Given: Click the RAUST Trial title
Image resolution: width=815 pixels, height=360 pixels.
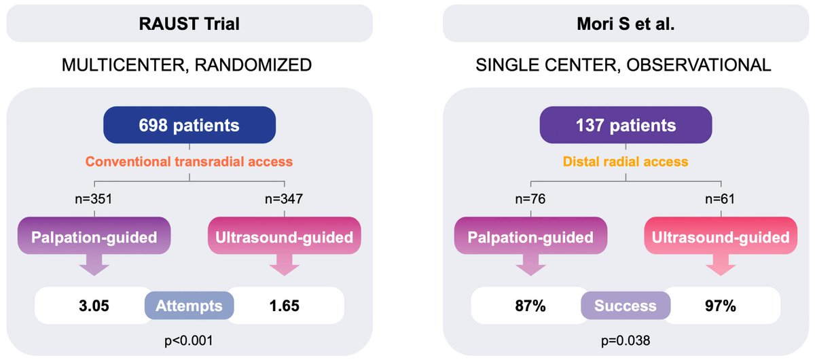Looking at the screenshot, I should coord(189,23).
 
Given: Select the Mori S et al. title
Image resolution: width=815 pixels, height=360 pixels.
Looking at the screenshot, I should coord(625,23).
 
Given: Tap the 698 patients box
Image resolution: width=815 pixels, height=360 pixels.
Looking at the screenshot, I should coord(189,126).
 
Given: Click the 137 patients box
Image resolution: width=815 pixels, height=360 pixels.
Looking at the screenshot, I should coord(625,126).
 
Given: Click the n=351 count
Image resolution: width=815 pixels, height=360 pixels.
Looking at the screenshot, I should coord(94,200).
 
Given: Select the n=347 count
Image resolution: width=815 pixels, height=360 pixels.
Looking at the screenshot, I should coord(285,200).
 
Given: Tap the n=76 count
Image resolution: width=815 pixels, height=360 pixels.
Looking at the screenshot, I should coord(530,200).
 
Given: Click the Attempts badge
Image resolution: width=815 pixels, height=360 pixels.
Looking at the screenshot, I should coord(189,306).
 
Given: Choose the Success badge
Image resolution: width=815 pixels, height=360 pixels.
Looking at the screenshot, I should coord(626,306).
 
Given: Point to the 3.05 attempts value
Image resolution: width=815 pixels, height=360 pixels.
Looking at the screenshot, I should coord(94,306).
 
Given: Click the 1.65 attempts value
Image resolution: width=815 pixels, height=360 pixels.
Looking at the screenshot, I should coord(285,306).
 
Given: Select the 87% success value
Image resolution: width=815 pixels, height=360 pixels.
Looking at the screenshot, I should coord(530,306).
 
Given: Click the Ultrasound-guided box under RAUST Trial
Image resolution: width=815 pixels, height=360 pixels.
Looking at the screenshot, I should coord(285,238).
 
